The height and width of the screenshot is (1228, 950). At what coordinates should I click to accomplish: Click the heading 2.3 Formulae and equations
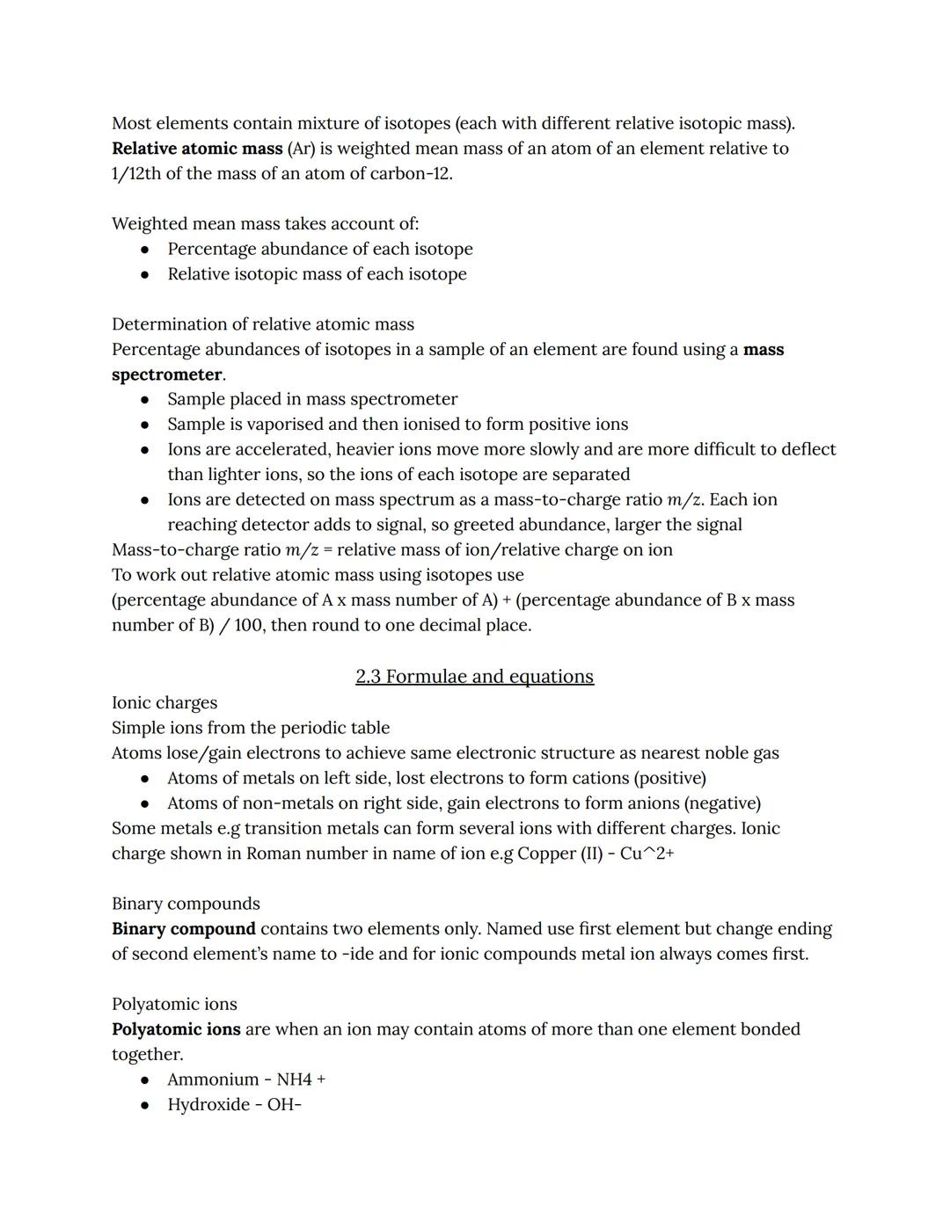[x=474, y=676]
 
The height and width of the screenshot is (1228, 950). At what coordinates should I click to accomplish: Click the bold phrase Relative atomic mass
[x=197, y=149]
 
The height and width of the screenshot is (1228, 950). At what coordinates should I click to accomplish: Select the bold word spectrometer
[x=167, y=374]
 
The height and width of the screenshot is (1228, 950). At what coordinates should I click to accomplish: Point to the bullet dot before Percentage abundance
[x=145, y=250]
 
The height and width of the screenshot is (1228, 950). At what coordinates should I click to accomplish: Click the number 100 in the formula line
[x=249, y=625]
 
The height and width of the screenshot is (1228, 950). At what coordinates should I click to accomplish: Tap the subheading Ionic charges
[x=164, y=702]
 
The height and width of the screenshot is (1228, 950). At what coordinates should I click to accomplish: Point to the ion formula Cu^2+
[x=647, y=853]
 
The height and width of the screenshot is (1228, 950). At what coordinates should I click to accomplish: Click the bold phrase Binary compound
[x=184, y=928]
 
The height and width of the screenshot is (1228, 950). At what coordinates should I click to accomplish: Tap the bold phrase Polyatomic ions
[x=176, y=1028]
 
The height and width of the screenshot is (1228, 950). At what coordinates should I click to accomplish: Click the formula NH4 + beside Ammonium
[x=301, y=1079]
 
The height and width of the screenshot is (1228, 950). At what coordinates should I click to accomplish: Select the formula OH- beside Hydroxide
[x=284, y=1104]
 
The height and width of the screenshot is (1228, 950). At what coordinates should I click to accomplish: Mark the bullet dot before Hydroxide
[x=145, y=1105]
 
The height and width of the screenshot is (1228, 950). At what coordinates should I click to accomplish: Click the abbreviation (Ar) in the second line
[x=301, y=149]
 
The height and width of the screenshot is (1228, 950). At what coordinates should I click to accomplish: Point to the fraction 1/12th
[x=136, y=173]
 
